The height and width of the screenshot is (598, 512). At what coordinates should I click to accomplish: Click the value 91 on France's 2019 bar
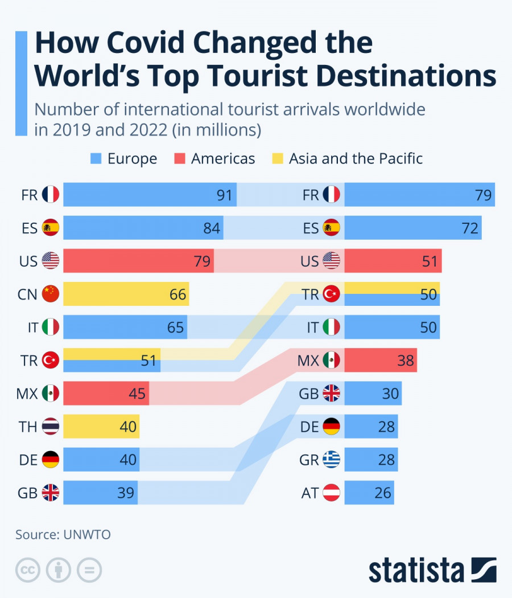tap(225, 195)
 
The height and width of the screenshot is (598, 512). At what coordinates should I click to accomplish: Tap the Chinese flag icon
tap(51, 294)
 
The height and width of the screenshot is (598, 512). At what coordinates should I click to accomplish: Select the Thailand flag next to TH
tap(51, 426)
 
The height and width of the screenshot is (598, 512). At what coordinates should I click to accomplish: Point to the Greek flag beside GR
tap(331, 459)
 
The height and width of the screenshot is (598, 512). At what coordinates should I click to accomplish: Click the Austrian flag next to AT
tap(331, 492)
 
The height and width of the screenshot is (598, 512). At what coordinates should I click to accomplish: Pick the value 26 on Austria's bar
tap(383, 492)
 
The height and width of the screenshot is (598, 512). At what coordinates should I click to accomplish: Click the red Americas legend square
tap(181, 158)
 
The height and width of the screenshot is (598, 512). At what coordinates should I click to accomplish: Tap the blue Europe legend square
tap(97, 158)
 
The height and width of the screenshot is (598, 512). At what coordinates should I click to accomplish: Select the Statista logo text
tap(416, 570)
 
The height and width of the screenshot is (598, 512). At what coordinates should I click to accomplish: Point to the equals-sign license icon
tap(89, 570)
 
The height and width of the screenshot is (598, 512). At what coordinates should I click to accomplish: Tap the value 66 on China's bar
tap(177, 294)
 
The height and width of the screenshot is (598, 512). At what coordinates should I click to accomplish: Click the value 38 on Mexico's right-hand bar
tap(406, 360)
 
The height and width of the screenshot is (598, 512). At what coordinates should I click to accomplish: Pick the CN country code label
tap(27, 294)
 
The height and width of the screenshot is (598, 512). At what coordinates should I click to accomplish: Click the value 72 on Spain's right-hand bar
tap(470, 228)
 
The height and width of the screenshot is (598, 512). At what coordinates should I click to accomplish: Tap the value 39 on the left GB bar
tap(126, 493)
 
